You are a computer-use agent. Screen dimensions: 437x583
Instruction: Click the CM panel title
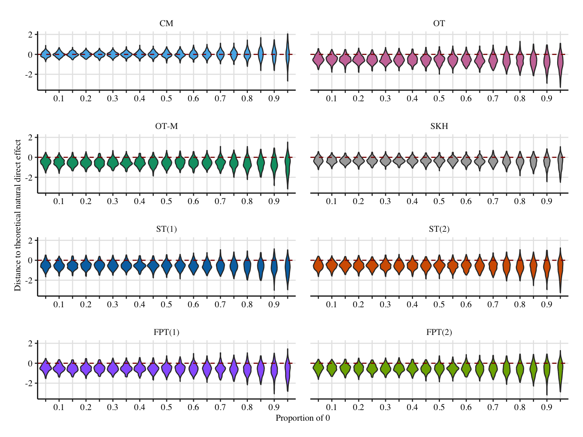click(166, 24)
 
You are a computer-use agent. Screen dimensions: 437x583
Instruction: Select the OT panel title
click(439, 24)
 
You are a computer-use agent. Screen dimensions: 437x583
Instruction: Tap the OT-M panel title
click(166, 126)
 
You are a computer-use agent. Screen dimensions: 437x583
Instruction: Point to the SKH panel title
click(439, 126)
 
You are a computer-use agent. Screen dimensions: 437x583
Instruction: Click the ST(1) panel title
click(166, 229)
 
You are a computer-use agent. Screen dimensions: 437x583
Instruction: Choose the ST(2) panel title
click(439, 229)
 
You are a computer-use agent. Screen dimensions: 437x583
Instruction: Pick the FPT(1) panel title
click(166, 332)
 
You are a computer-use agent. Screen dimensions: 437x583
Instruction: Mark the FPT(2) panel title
click(439, 332)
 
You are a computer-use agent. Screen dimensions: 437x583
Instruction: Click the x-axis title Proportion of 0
click(303, 418)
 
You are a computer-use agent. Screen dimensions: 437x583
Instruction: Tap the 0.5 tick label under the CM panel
click(166, 99)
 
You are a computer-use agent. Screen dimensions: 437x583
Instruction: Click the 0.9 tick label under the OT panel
click(547, 99)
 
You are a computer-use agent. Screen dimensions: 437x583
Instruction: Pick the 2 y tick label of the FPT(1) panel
click(30, 343)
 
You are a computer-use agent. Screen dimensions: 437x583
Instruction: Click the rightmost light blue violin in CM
click(287, 57)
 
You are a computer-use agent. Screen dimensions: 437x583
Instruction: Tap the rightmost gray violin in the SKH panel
click(560, 163)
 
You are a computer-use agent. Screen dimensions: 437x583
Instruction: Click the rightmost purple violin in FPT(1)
click(287, 370)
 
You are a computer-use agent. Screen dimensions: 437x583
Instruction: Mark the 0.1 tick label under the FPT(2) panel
click(331, 407)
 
